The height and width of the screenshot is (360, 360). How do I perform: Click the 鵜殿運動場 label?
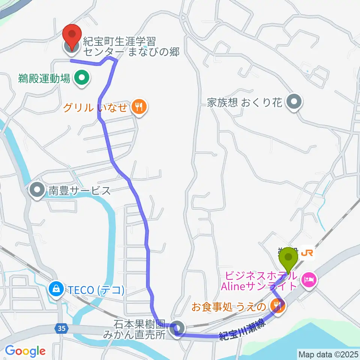[44, 79]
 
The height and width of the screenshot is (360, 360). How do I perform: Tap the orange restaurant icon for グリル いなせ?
[139, 108]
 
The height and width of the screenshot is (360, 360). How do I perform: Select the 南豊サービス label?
[79, 191]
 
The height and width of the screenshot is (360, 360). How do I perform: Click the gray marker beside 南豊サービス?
[37, 191]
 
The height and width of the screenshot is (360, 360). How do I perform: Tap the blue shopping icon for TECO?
[56, 289]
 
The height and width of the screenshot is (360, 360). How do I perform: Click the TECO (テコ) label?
[96, 289]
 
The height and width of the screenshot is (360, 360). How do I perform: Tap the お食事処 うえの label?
[229, 307]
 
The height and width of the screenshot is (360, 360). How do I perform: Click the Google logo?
[25, 351]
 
